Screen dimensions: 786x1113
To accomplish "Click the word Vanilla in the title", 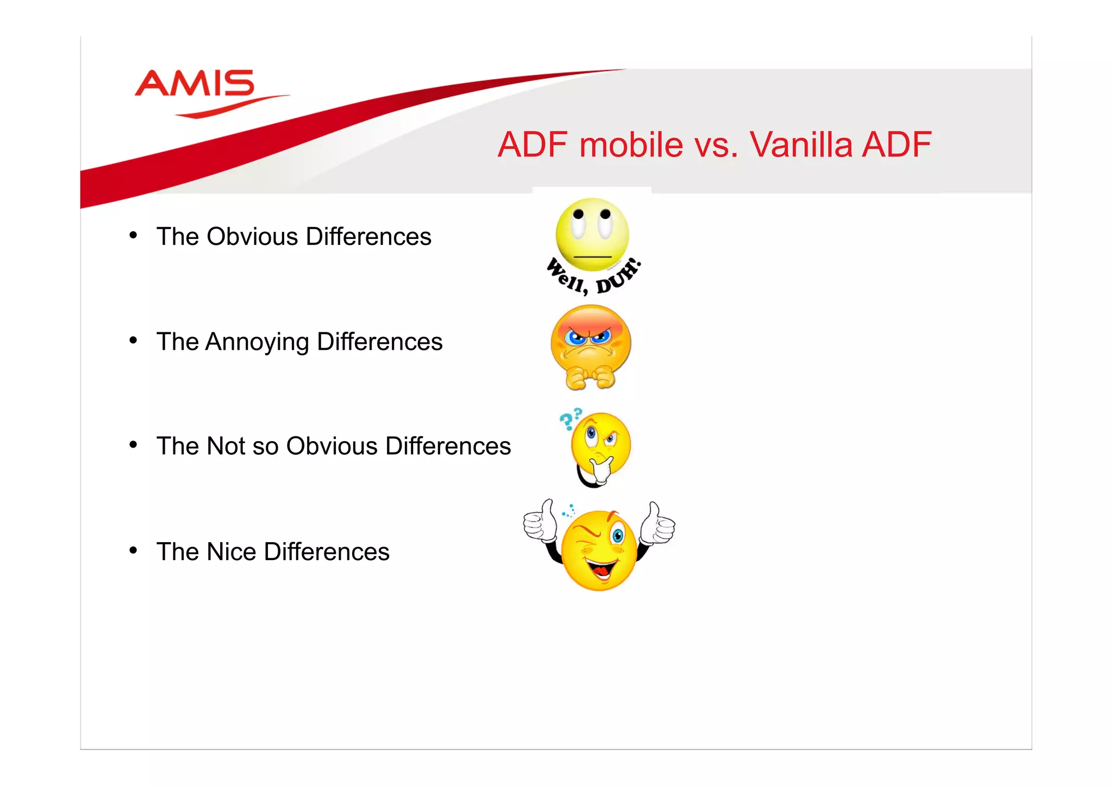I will [801, 145].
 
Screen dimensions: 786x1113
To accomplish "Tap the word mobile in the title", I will [630, 145].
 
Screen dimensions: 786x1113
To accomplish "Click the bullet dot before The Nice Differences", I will [133, 551].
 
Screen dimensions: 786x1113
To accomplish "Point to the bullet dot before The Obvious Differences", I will [133, 235].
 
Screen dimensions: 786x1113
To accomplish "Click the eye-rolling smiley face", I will [592, 234].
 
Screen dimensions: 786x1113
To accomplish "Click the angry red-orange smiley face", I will [591, 339].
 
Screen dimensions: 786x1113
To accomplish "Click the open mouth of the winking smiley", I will [601, 571].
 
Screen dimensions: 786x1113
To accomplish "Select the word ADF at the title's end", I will [897, 145].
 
